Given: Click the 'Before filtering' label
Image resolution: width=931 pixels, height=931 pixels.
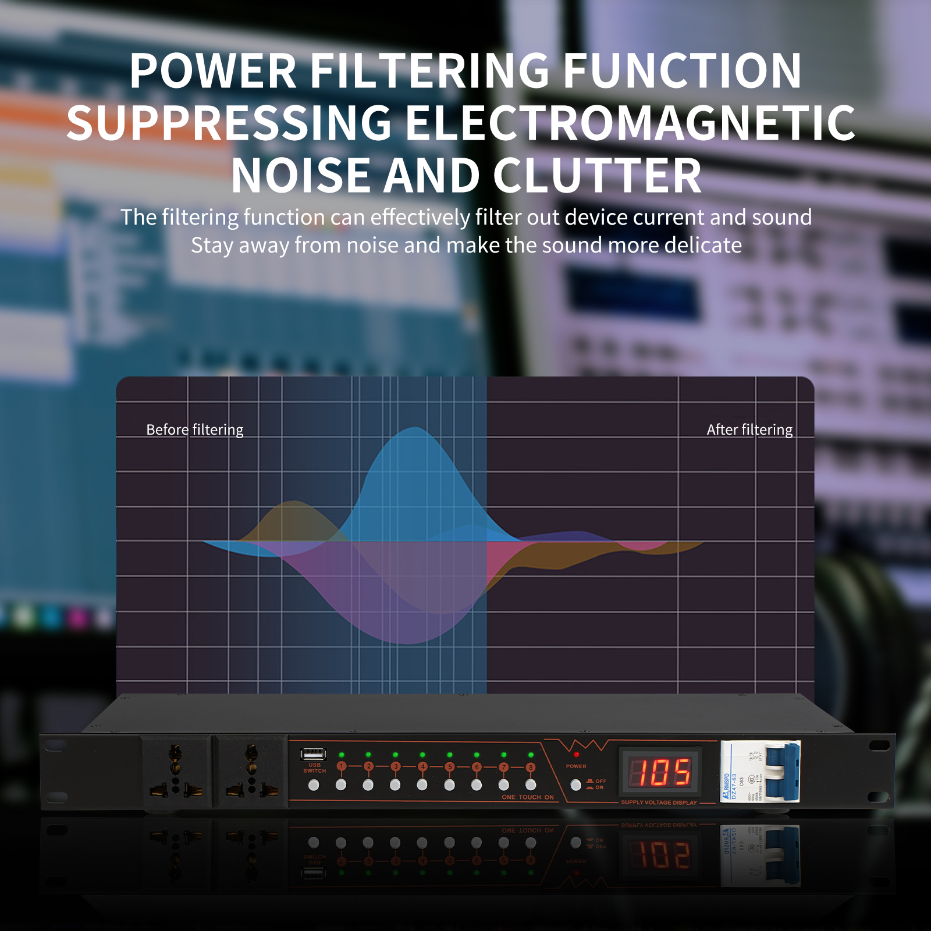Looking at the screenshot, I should [194, 429].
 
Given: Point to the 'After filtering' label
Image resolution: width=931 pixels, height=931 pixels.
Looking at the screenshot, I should [749, 429].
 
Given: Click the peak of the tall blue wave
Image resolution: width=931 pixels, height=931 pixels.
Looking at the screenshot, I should [414, 428].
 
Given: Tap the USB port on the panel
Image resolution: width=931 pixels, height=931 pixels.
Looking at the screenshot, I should [314, 754].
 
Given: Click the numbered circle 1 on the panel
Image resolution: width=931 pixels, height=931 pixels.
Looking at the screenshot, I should [342, 766].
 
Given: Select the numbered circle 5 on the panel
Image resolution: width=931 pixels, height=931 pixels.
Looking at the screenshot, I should [450, 766].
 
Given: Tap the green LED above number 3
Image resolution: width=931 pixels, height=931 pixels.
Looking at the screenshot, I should [396, 755].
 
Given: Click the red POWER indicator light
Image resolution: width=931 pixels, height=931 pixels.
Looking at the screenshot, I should [576, 755].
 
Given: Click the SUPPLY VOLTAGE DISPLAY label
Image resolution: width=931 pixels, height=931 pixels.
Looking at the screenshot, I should [659, 802].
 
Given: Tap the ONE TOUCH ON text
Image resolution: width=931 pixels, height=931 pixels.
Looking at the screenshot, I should [528, 797].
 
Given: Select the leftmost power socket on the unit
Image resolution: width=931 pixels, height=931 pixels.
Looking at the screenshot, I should [176, 771].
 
